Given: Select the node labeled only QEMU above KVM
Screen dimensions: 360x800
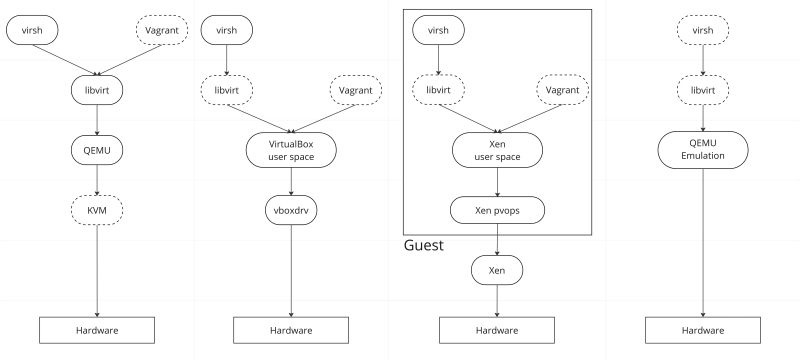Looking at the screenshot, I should click(96, 150).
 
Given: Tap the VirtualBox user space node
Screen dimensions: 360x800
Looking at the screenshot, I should click(291, 150).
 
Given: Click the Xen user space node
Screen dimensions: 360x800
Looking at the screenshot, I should click(497, 150).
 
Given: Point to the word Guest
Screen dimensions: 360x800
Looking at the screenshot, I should click(424, 245).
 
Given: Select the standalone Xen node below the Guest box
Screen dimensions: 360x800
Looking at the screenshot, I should click(497, 270).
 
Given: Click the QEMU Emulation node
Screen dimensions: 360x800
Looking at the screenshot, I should click(702, 150).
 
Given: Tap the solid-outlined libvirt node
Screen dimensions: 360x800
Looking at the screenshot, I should click(96, 90).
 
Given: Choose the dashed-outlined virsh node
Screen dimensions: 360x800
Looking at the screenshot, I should click(702, 31).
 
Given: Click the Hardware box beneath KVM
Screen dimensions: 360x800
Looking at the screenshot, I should click(96, 329).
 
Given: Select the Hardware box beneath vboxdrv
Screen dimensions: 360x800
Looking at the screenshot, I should click(291, 329).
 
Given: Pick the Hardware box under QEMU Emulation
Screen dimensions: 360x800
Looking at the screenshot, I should click(702, 329).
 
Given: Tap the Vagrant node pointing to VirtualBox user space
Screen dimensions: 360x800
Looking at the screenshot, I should click(357, 90).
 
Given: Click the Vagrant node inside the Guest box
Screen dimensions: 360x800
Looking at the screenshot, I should click(563, 90).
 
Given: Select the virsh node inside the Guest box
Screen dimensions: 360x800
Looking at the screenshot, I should click(438, 31).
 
